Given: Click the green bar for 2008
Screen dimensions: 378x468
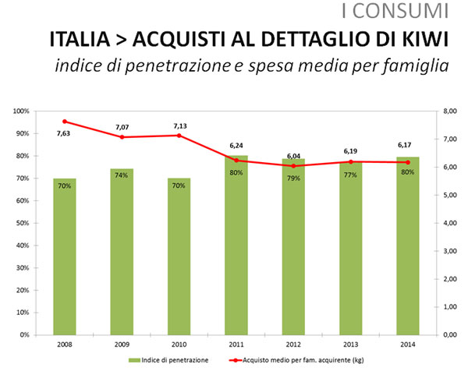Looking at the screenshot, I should coord(65,256).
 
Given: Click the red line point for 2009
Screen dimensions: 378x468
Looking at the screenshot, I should coord(122,137).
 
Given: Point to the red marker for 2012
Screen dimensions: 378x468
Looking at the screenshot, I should coord(293,166).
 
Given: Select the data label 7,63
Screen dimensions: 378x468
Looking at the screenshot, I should coord(65,133).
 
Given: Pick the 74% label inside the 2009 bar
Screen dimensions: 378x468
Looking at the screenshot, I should coord(122,175).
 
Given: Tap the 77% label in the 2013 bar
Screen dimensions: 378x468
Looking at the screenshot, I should coord(350,175).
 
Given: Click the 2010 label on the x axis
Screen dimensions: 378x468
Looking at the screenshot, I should coord(179,344).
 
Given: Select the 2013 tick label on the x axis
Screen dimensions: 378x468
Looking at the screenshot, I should coord(350,344).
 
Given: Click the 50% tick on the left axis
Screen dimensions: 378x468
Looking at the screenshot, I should coord(23,223).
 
